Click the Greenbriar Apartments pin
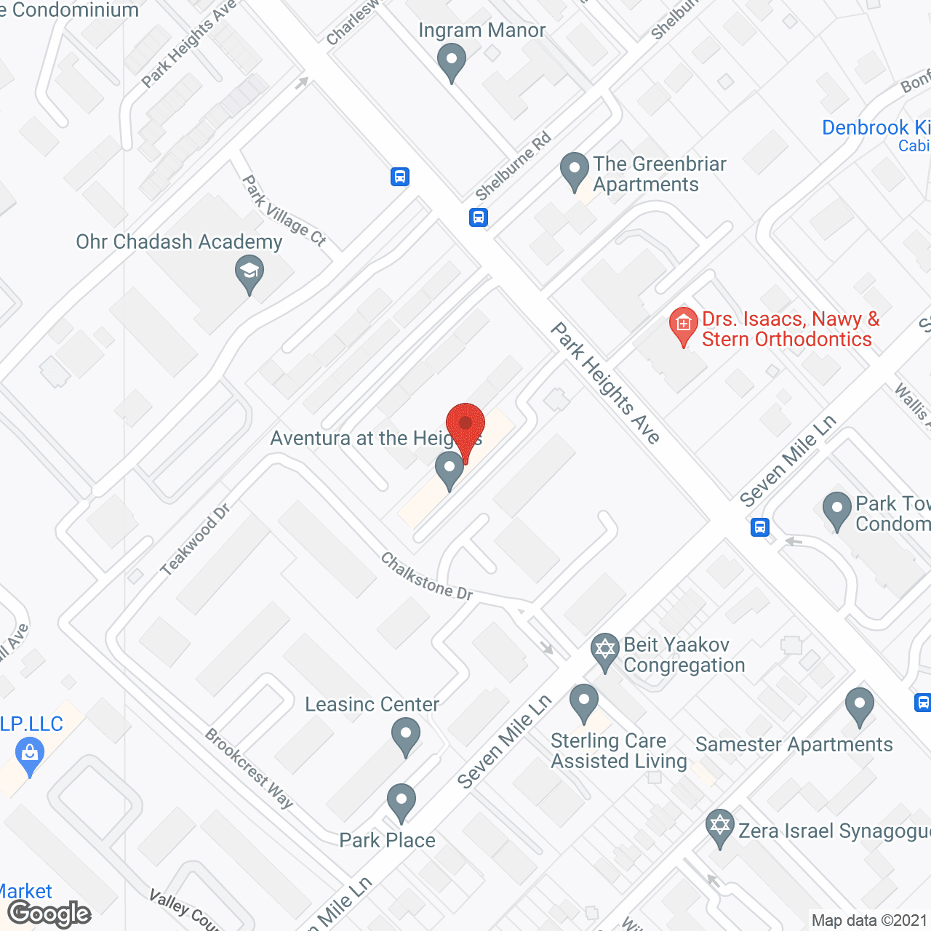point(574,169)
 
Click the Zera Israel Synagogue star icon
point(720,827)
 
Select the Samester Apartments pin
point(860,705)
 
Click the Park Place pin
point(401,801)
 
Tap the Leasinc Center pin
point(406,735)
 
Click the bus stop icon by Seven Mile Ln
point(760,527)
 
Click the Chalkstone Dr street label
point(427,577)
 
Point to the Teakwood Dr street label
point(195,539)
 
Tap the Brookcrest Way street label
point(249,768)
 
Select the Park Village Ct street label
point(284,210)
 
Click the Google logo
point(49,914)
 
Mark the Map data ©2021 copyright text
point(869,920)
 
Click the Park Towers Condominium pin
point(837,509)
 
